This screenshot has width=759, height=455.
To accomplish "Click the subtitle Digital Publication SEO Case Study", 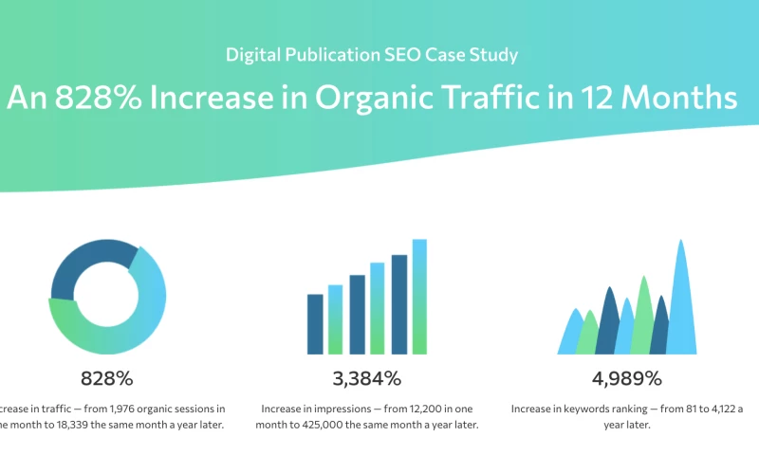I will (372, 54).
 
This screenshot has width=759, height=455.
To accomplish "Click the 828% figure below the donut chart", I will (106, 379).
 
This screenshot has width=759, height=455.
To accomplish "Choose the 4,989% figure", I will (626, 379).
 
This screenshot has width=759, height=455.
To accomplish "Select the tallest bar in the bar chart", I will (419, 296).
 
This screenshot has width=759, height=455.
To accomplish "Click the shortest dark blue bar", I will (315, 323).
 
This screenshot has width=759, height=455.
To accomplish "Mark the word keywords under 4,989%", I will (587, 409).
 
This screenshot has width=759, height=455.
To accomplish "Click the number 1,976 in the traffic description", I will (135, 409).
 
